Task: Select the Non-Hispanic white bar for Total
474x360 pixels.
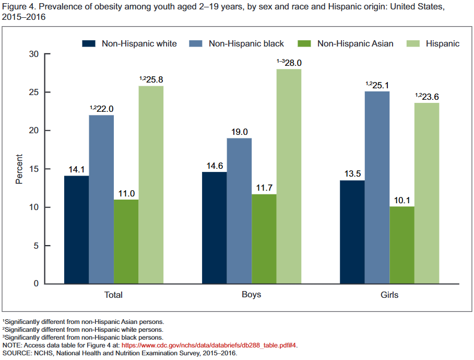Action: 76,230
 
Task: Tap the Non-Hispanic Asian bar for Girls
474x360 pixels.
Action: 401,245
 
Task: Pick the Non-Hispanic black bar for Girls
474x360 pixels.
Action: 377,188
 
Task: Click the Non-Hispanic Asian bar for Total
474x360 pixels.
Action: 126,241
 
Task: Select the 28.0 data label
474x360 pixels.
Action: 291,63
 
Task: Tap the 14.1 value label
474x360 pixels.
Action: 76,169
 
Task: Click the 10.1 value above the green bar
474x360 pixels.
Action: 401,200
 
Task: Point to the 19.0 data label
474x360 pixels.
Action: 239,132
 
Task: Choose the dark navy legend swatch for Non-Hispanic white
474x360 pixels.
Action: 89,43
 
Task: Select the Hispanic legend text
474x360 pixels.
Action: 443,43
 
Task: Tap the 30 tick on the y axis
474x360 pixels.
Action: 35,54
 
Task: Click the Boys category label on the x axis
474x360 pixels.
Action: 251,295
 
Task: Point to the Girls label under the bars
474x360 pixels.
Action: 389,295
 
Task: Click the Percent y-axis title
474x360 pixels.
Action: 19,169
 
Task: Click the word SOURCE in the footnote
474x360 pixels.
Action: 17,353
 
